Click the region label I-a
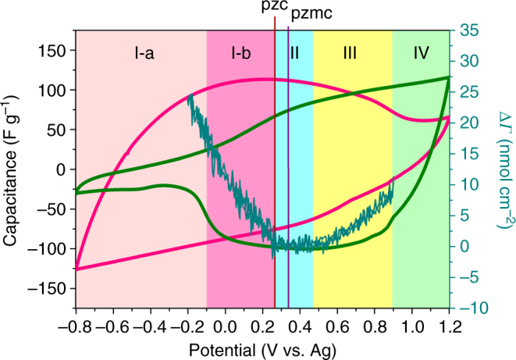pos(143,53)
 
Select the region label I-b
pos(240,53)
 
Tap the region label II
pos(294,53)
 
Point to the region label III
pos(350,53)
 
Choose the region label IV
pos(421,53)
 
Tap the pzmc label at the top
pos(308,13)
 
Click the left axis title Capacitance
pos(11,169)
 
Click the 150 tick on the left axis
pos(55,51)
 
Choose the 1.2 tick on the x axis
pos(450,322)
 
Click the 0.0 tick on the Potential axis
pos(225,322)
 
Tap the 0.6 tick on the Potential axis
pos(337,322)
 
